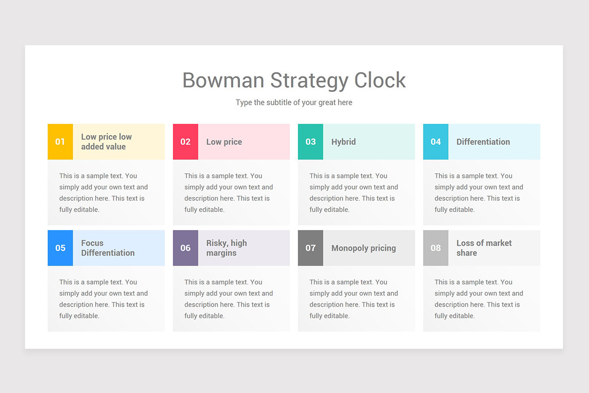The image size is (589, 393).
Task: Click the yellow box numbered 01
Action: coord(60,142)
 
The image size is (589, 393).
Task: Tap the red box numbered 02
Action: coord(185,142)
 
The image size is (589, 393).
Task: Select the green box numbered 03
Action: coord(310,142)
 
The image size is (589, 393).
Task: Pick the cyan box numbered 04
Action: coord(435,142)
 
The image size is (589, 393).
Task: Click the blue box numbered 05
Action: coord(60,248)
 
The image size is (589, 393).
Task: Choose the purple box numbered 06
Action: coord(185,248)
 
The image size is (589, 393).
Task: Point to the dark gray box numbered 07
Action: coord(310,248)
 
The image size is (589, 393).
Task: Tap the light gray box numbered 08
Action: coord(435,248)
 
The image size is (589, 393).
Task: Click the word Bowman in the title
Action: coord(223,80)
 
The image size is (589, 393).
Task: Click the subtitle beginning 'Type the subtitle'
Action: coord(294,103)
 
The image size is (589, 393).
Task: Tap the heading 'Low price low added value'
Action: coord(106,142)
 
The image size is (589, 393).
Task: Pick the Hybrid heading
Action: coord(343,142)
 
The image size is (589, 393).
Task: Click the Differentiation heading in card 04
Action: coord(483,142)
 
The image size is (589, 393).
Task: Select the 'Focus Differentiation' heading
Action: coord(107,248)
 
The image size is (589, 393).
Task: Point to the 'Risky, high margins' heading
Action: coord(226,248)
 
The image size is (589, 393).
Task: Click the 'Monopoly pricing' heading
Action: coord(363,248)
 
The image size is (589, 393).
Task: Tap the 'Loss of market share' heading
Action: coord(483,248)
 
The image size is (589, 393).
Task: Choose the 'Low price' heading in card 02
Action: coord(224,142)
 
